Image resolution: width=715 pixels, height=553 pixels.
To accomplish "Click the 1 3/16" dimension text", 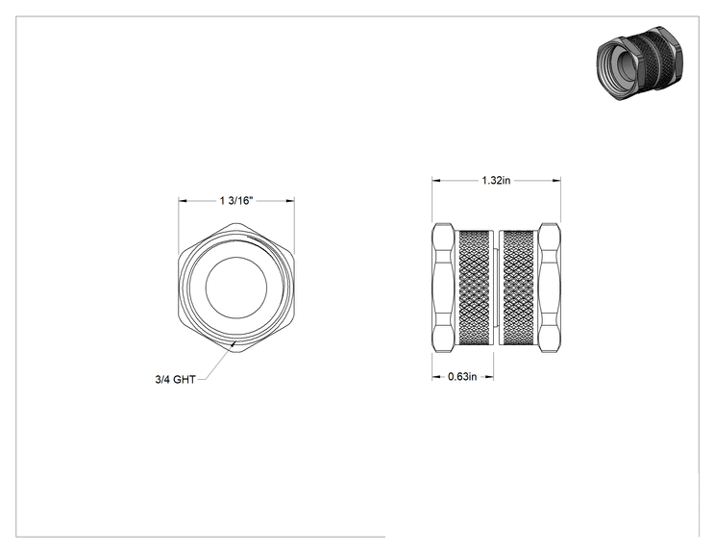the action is pos(236,201).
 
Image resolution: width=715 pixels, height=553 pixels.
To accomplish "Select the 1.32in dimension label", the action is pos(496,181).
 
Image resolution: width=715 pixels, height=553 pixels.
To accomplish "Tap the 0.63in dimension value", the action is pos(462,377).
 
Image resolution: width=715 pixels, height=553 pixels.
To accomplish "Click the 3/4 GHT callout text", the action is pos(175,380).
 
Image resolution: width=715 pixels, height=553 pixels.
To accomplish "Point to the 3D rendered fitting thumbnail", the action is pos(640,63).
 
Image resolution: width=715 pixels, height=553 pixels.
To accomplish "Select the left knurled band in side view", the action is pos(475,288).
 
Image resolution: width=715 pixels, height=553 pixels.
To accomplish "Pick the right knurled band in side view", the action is pos(518,288).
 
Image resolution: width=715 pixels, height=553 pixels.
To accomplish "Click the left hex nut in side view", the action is pos(443,288).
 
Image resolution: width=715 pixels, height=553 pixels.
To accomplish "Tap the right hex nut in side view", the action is pos(550,288).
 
